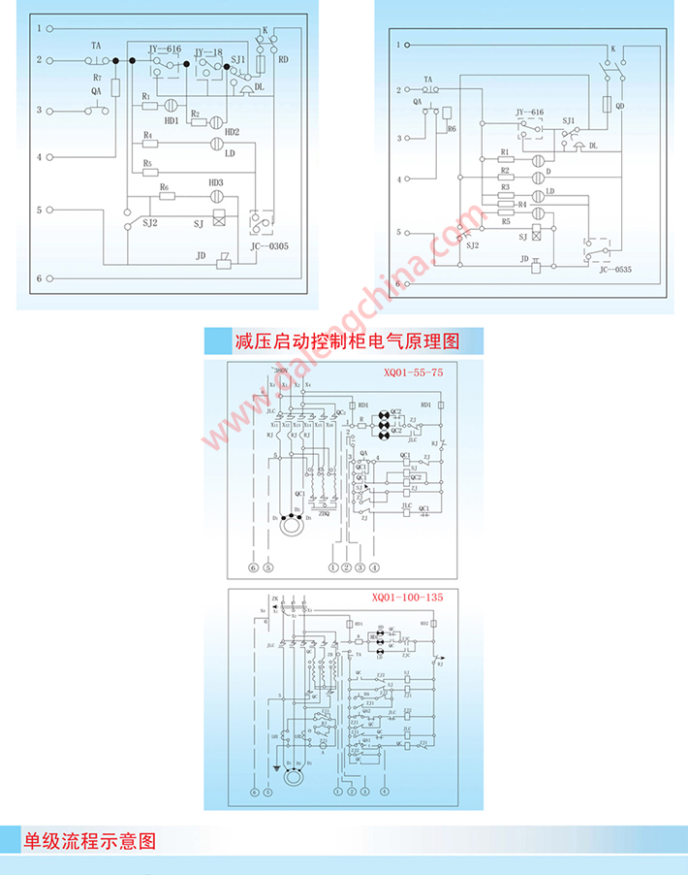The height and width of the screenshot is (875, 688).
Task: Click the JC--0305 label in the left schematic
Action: click(x=269, y=246)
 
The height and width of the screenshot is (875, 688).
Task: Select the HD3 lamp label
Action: click(x=216, y=182)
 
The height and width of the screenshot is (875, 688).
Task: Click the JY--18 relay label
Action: click(x=209, y=49)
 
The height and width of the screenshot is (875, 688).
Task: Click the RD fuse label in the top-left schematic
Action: click(x=283, y=59)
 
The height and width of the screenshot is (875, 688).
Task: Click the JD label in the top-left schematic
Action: click(x=202, y=256)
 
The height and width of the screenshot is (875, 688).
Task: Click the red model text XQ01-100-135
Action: click(x=407, y=598)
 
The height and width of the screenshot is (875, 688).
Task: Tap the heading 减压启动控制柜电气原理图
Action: click(x=345, y=341)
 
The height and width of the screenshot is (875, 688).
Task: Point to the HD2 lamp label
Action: click(x=232, y=132)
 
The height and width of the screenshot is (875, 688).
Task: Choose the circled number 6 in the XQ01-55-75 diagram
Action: click(x=253, y=567)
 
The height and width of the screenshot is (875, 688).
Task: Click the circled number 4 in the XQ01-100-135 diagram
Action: click(x=386, y=791)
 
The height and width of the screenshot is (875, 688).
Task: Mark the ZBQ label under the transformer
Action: click(x=325, y=514)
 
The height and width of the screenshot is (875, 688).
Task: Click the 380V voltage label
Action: click(x=280, y=372)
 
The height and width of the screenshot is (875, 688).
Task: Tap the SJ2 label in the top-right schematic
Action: click(x=472, y=247)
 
